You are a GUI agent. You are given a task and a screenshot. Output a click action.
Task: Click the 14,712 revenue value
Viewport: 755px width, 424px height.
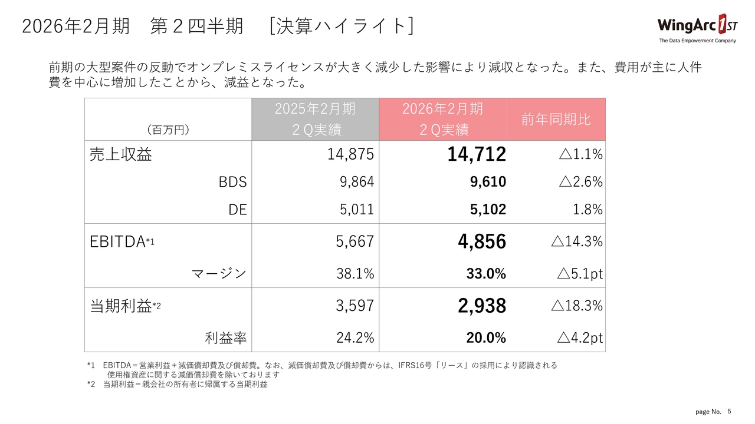click(476, 154)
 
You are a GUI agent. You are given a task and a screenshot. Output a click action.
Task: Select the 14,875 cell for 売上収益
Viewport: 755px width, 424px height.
click(350, 154)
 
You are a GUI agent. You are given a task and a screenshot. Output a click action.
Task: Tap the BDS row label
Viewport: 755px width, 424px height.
click(232, 182)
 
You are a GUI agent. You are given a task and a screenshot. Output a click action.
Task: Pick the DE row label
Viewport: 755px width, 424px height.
click(237, 209)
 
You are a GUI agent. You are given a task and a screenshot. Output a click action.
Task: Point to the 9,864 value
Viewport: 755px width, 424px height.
click(357, 182)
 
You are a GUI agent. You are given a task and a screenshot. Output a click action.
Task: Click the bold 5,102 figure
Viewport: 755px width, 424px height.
click(488, 209)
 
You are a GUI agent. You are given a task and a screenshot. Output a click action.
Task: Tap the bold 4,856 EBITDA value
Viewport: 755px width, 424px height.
click(481, 241)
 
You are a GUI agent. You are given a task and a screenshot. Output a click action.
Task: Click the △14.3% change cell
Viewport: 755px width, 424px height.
click(576, 241)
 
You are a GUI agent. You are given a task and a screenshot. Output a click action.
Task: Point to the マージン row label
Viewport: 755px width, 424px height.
click(219, 273)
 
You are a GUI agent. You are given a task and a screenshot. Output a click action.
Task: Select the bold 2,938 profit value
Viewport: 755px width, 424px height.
click(481, 306)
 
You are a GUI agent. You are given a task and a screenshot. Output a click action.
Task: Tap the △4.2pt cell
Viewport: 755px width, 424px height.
click(580, 338)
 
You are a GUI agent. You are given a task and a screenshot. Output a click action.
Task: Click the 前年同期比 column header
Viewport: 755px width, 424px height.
click(556, 120)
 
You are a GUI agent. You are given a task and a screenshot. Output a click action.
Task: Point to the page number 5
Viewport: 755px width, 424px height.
click(729, 411)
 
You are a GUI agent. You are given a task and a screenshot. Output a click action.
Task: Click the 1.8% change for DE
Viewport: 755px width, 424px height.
click(587, 209)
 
